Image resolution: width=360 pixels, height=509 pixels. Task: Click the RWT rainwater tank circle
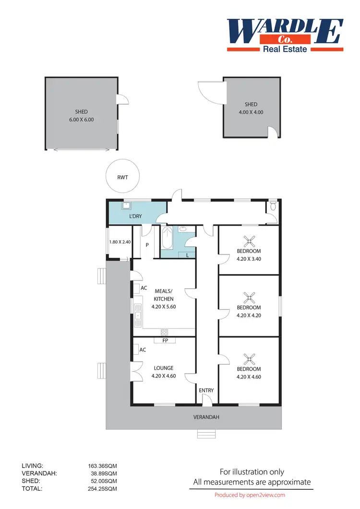[x=122, y=177]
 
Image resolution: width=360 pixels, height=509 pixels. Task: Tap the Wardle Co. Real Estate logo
[x=285, y=35]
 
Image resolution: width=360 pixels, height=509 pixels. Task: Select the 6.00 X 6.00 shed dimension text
[x=81, y=120]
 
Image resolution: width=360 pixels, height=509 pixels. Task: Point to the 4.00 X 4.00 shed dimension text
[x=251, y=112]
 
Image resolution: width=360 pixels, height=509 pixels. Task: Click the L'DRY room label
[x=136, y=217]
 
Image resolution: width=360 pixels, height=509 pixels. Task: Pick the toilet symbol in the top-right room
[x=273, y=206]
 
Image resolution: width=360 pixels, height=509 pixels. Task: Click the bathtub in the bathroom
[x=167, y=238]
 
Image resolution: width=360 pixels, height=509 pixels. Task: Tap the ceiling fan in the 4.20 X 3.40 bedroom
[x=249, y=240]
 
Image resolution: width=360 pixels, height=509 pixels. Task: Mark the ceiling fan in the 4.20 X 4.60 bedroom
[x=249, y=358]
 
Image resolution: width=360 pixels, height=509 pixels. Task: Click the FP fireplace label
[x=165, y=340]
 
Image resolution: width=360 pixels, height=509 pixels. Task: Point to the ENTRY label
[x=206, y=390]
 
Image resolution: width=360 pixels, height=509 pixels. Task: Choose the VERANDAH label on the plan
[x=206, y=417]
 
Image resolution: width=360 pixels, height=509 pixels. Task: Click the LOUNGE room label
[x=164, y=368]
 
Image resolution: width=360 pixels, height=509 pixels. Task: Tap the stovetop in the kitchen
[x=165, y=332]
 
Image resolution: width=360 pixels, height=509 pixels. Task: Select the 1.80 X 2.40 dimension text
[x=120, y=242]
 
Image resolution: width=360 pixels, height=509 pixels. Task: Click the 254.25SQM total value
[x=100, y=489]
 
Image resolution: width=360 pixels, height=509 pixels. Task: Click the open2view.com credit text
[x=250, y=495]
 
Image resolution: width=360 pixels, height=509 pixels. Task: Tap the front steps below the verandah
[x=206, y=434]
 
